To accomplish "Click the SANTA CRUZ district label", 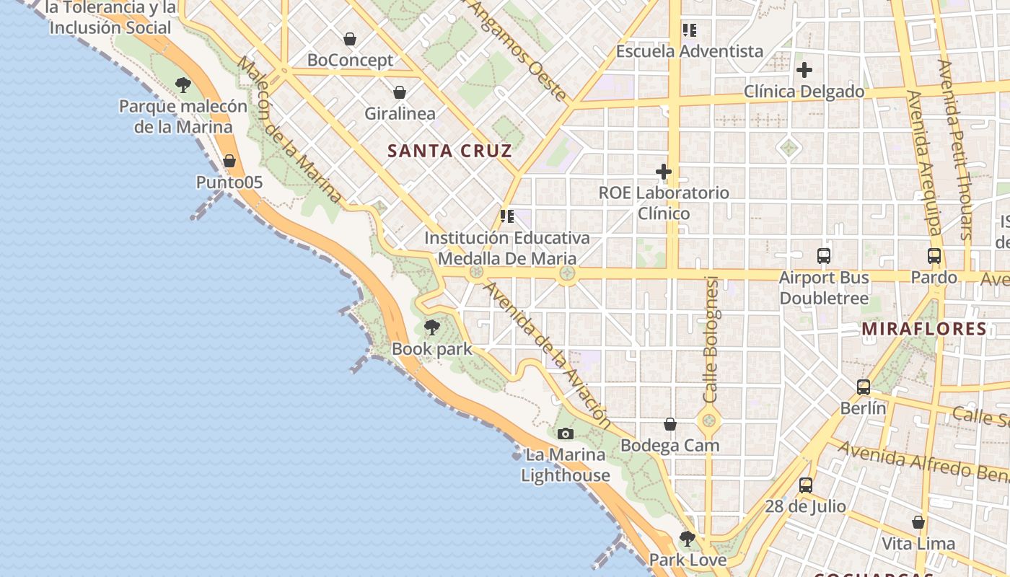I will (x=449, y=151).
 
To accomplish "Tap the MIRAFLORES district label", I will (x=924, y=329).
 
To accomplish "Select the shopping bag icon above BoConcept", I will (x=350, y=39).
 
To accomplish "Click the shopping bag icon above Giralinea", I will (x=399, y=92).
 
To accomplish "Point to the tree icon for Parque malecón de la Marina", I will (x=183, y=85).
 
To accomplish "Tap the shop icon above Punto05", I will (x=229, y=161).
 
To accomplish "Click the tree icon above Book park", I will (x=431, y=328).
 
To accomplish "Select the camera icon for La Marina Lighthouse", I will (x=566, y=433).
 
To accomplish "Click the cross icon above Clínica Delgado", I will (x=804, y=70).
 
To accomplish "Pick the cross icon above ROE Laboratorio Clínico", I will (x=664, y=172).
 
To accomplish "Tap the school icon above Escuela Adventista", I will (x=690, y=30).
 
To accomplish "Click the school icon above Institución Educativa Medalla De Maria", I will (x=507, y=216).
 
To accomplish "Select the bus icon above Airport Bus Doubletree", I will (x=824, y=255).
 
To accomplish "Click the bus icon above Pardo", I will (x=934, y=255).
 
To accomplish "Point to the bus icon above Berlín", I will (x=864, y=387).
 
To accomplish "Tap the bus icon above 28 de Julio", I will (x=806, y=485).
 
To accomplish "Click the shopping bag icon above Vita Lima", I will (x=918, y=522).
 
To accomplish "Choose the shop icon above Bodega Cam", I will (x=670, y=424).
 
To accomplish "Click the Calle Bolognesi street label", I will (x=711, y=339).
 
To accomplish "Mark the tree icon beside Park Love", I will (x=687, y=538).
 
